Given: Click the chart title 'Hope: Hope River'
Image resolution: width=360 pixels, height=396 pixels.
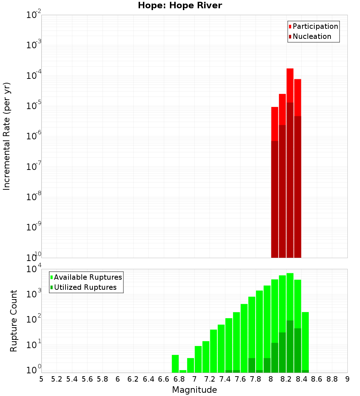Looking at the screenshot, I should (x=180, y=6).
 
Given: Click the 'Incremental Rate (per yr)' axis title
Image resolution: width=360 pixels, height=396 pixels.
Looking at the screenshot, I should (x=7, y=136).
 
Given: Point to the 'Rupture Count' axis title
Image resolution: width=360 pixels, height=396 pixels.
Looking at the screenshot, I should (x=14, y=321).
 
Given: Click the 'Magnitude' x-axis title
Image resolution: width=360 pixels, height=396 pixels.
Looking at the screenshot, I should (x=194, y=390).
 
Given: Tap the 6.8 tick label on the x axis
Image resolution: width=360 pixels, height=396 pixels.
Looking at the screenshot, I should (x=179, y=379).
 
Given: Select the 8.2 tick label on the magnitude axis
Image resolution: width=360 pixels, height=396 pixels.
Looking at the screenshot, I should (x=286, y=379).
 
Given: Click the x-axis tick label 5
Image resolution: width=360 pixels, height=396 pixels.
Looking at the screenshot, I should (x=41, y=379).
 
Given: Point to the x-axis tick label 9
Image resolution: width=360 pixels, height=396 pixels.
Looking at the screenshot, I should (x=347, y=379).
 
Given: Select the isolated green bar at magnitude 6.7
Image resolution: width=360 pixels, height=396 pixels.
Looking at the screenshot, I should (x=175, y=364).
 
